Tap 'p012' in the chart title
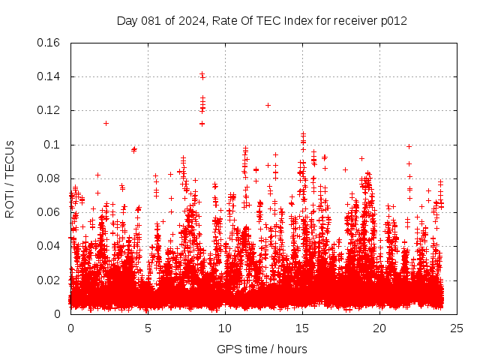point(394,20)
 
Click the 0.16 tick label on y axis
point(49,43)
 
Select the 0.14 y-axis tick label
point(49,76)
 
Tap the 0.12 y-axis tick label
point(49,110)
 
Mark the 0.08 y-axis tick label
point(49,178)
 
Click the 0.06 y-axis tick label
point(49,212)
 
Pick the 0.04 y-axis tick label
point(49,246)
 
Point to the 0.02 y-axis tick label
point(49,280)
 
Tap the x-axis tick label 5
point(148,328)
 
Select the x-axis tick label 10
point(225,328)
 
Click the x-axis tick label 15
point(302,328)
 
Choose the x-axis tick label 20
point(379,328)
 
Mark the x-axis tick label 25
point(457,328)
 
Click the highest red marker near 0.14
point(202,73)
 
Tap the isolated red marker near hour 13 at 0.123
point(268,105)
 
